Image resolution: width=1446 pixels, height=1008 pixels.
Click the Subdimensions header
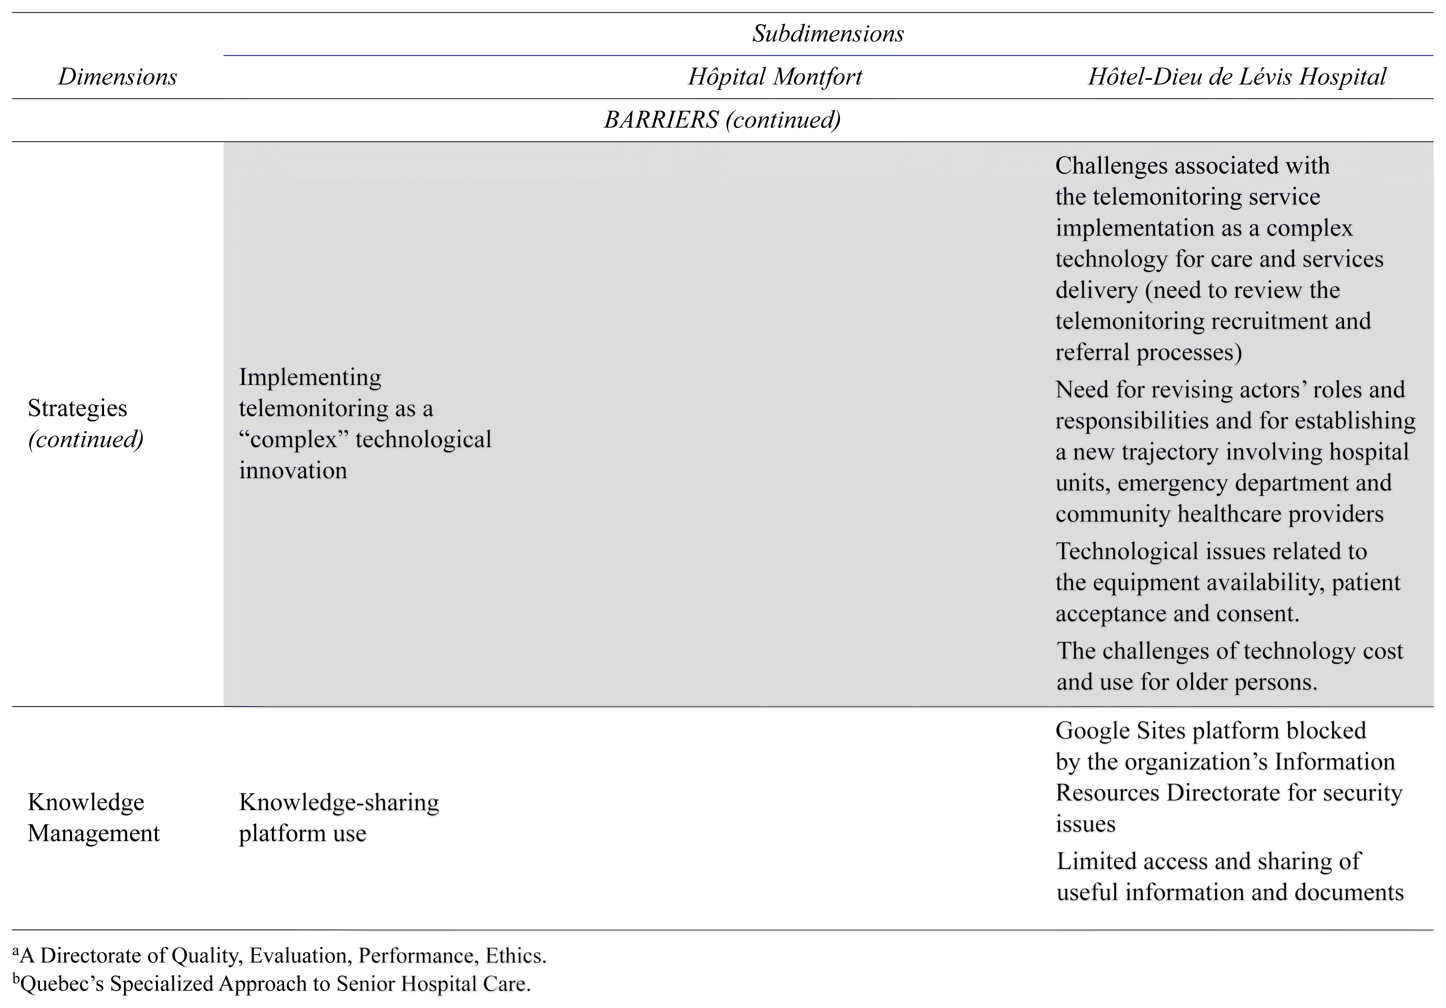(828, 33)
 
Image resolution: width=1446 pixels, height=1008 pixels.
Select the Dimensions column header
(117, 77)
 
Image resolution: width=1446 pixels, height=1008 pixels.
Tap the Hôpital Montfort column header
(775, 77)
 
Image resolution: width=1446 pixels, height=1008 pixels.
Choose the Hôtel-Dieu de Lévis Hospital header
(1237, 77)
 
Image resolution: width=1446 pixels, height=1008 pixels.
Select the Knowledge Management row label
(93, 818)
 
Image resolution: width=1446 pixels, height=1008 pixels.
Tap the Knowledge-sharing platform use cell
(339, 818)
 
